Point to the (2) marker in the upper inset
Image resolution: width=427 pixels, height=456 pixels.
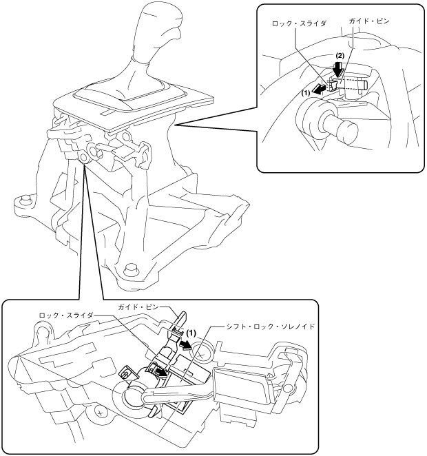pos(339,55)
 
